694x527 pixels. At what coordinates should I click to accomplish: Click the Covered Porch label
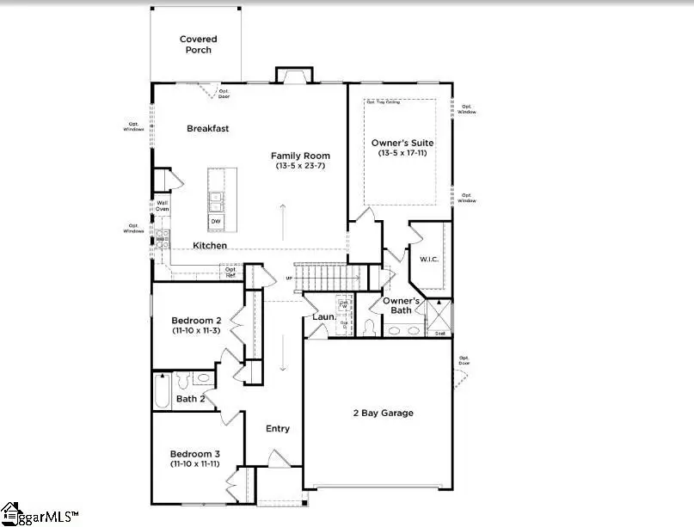coord(198,45)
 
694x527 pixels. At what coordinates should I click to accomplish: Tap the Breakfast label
coord(208,129)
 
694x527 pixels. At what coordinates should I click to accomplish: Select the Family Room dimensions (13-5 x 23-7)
coord(301,167)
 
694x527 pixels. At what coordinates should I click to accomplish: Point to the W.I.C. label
coord(430,258)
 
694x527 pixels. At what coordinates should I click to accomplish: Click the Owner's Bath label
coord(402,306)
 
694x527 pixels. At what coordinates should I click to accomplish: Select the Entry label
coord(278,429)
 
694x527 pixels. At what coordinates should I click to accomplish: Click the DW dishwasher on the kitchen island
coord(216,221)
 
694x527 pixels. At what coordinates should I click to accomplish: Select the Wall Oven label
coord(162,205)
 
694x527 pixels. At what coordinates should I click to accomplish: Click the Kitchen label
coord(210,246)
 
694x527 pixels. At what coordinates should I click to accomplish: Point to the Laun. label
coord(324,317)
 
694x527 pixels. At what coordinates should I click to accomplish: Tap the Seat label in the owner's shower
coord(439,333)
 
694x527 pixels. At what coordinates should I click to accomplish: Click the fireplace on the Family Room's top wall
coord(292,77)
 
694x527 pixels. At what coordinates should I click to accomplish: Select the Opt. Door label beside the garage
coord(464,360)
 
